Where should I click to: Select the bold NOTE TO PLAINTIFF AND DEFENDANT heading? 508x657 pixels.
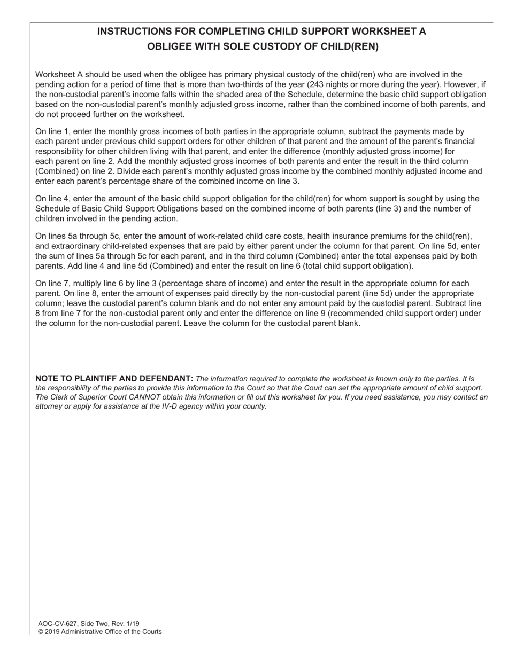coord(114,379)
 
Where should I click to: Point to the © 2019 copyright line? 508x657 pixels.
coord(99,632)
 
